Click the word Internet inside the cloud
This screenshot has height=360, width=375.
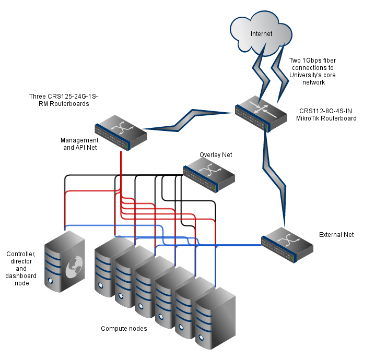coord(261,34)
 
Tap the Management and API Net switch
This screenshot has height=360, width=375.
coord(121,130)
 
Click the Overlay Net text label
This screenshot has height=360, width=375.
coord(216,155)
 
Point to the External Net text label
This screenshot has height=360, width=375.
coord(336,235)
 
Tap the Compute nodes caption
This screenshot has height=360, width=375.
coord(124,329)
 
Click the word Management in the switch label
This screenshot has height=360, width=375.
coord(79,140)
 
